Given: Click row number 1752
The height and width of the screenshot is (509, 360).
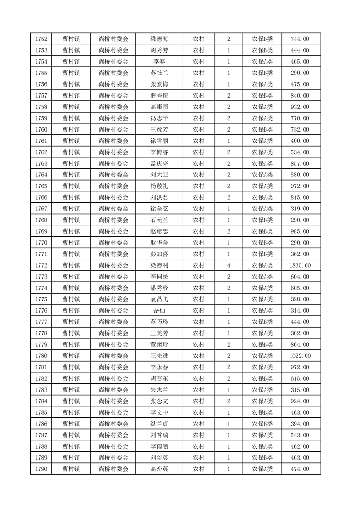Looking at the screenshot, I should pyautogui.click(x=41, y=39).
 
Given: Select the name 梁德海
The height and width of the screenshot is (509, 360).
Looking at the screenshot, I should pyautogui.click(x=159, y=39).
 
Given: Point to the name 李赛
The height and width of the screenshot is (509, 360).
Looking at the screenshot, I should pyautogui.click(x=159, y=62).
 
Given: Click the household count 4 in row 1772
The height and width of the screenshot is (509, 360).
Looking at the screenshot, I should pyautogui.click(x=228, y=265).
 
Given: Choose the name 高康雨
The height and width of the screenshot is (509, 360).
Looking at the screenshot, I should pyautogui.click(x=159, y=107).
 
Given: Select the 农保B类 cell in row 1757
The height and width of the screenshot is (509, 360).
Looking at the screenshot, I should pyautogui.click(x=262, y=96).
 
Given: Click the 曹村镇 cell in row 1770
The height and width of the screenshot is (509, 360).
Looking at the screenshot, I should pyautogui.click(x=71, y=243).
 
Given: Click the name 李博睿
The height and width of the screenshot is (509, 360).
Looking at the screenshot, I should pyautogui.click(x=159, y=152).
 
